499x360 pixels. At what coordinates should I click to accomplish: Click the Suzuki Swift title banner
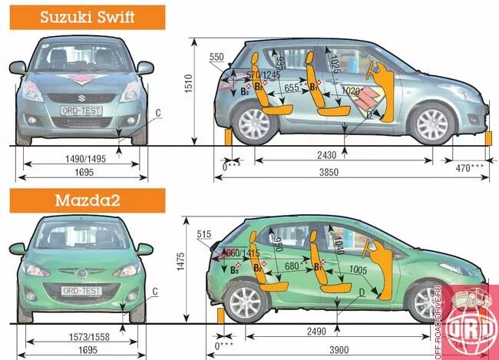[x=83, y=16]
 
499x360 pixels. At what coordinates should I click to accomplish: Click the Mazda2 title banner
[x=83, y=201]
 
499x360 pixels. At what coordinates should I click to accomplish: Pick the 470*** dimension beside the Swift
[x=470, y=167]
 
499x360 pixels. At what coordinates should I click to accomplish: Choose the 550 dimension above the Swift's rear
[x=216, y=58]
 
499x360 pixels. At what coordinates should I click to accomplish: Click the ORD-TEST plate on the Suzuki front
[x=81, y=111]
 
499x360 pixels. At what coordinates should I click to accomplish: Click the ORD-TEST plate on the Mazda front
[x=82, y=290]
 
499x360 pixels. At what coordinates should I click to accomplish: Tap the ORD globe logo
[x=476, y=322]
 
